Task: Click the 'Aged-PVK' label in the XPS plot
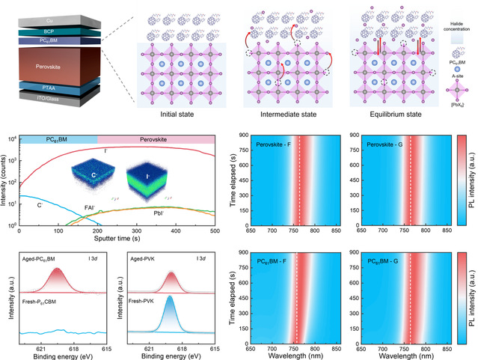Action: (143, 257)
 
